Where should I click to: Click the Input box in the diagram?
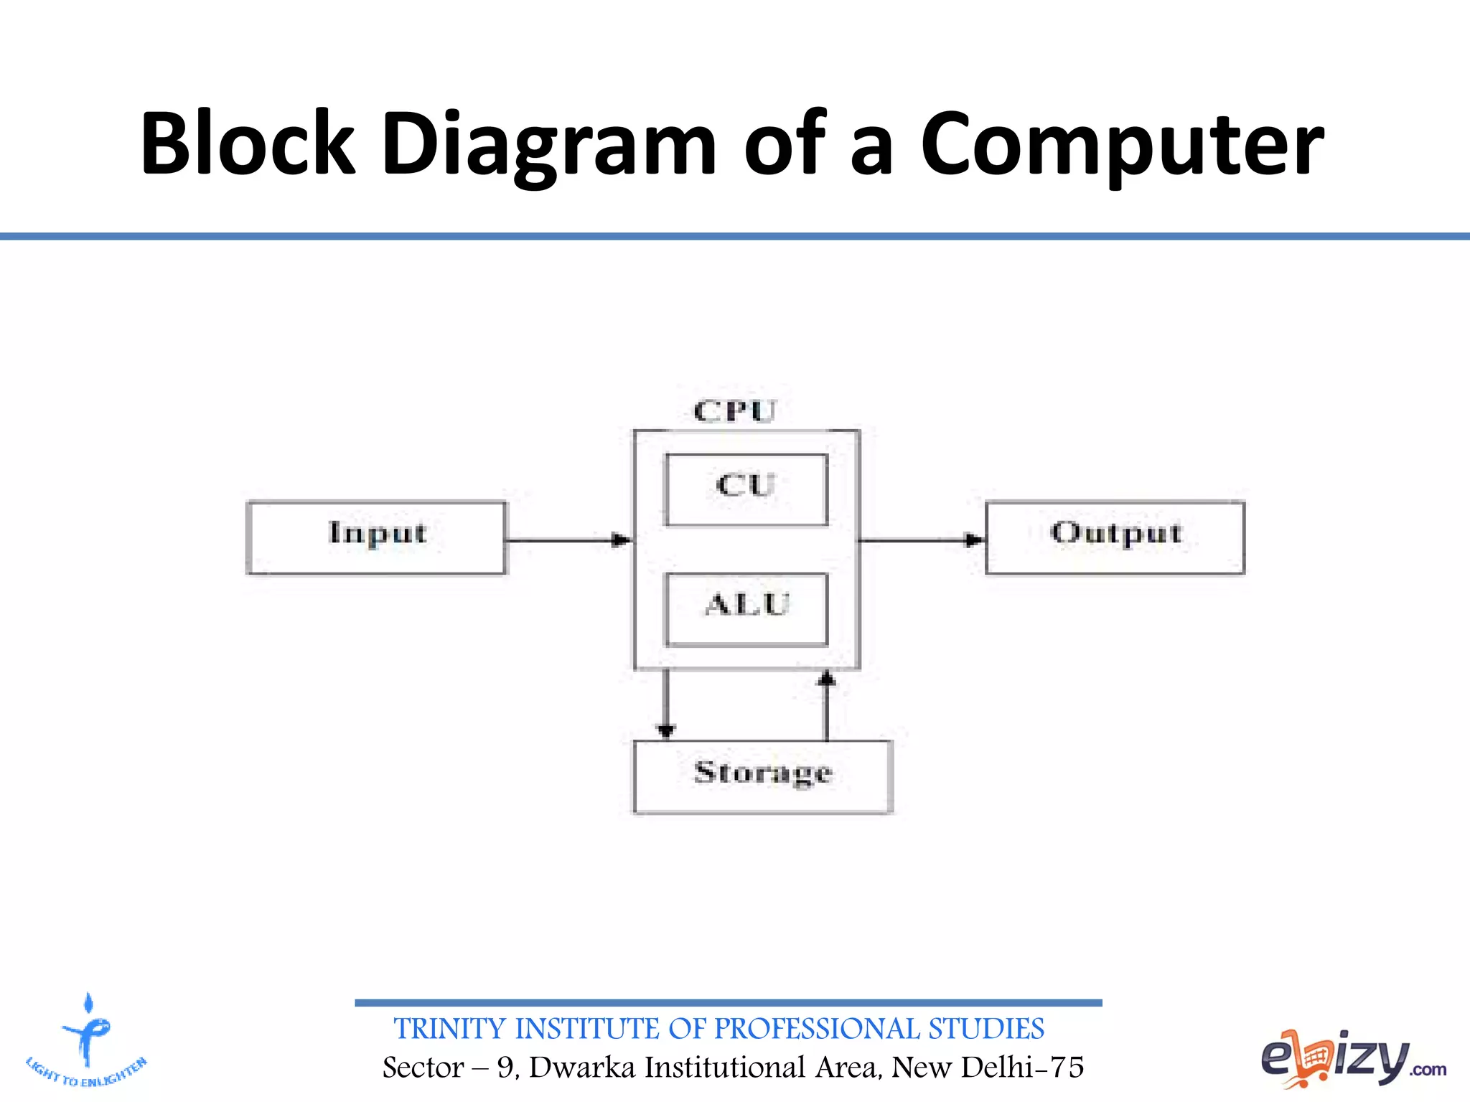376,537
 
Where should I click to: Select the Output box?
1115,537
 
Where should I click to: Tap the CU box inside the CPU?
746,489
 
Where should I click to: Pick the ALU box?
746,608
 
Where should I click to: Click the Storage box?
763,776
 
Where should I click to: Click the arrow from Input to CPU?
568,540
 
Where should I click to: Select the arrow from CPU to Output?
922,540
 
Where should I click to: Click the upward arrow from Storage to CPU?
827,706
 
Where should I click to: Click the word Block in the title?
248,143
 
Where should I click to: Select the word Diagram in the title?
549,143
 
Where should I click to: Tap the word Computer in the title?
1122,143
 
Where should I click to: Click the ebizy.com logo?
1353,1059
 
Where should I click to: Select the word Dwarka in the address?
582,1068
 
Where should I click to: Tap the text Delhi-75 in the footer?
1022,1068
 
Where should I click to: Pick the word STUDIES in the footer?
986,1029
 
